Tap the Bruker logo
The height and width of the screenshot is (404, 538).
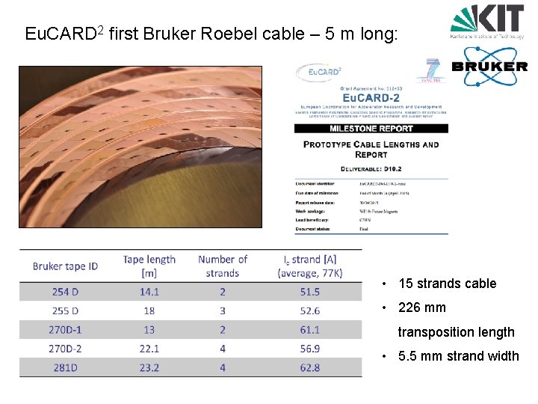click(490, 66)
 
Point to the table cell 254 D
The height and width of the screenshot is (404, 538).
click(65, 292)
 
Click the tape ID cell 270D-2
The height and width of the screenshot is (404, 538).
click(65, 349)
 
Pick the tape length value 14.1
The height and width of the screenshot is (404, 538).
click(149, 292)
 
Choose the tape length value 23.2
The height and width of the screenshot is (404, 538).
click(149, 367)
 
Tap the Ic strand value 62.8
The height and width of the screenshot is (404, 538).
click(309, 367)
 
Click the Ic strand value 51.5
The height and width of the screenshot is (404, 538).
click(309, 292)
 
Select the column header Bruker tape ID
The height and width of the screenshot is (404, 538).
click(65, 266)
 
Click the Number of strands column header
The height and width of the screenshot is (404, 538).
click(223, 266)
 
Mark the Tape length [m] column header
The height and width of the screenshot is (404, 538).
click(149, 266)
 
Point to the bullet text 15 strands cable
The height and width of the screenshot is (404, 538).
click(447, 284)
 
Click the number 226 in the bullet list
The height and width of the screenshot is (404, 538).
click(409, 307)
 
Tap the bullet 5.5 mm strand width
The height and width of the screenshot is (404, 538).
click(458, 356)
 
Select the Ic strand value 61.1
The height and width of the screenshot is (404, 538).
click(309, 329)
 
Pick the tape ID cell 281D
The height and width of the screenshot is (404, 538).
click(65, 367)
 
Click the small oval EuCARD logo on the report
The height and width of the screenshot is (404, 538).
click(320, 72)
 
